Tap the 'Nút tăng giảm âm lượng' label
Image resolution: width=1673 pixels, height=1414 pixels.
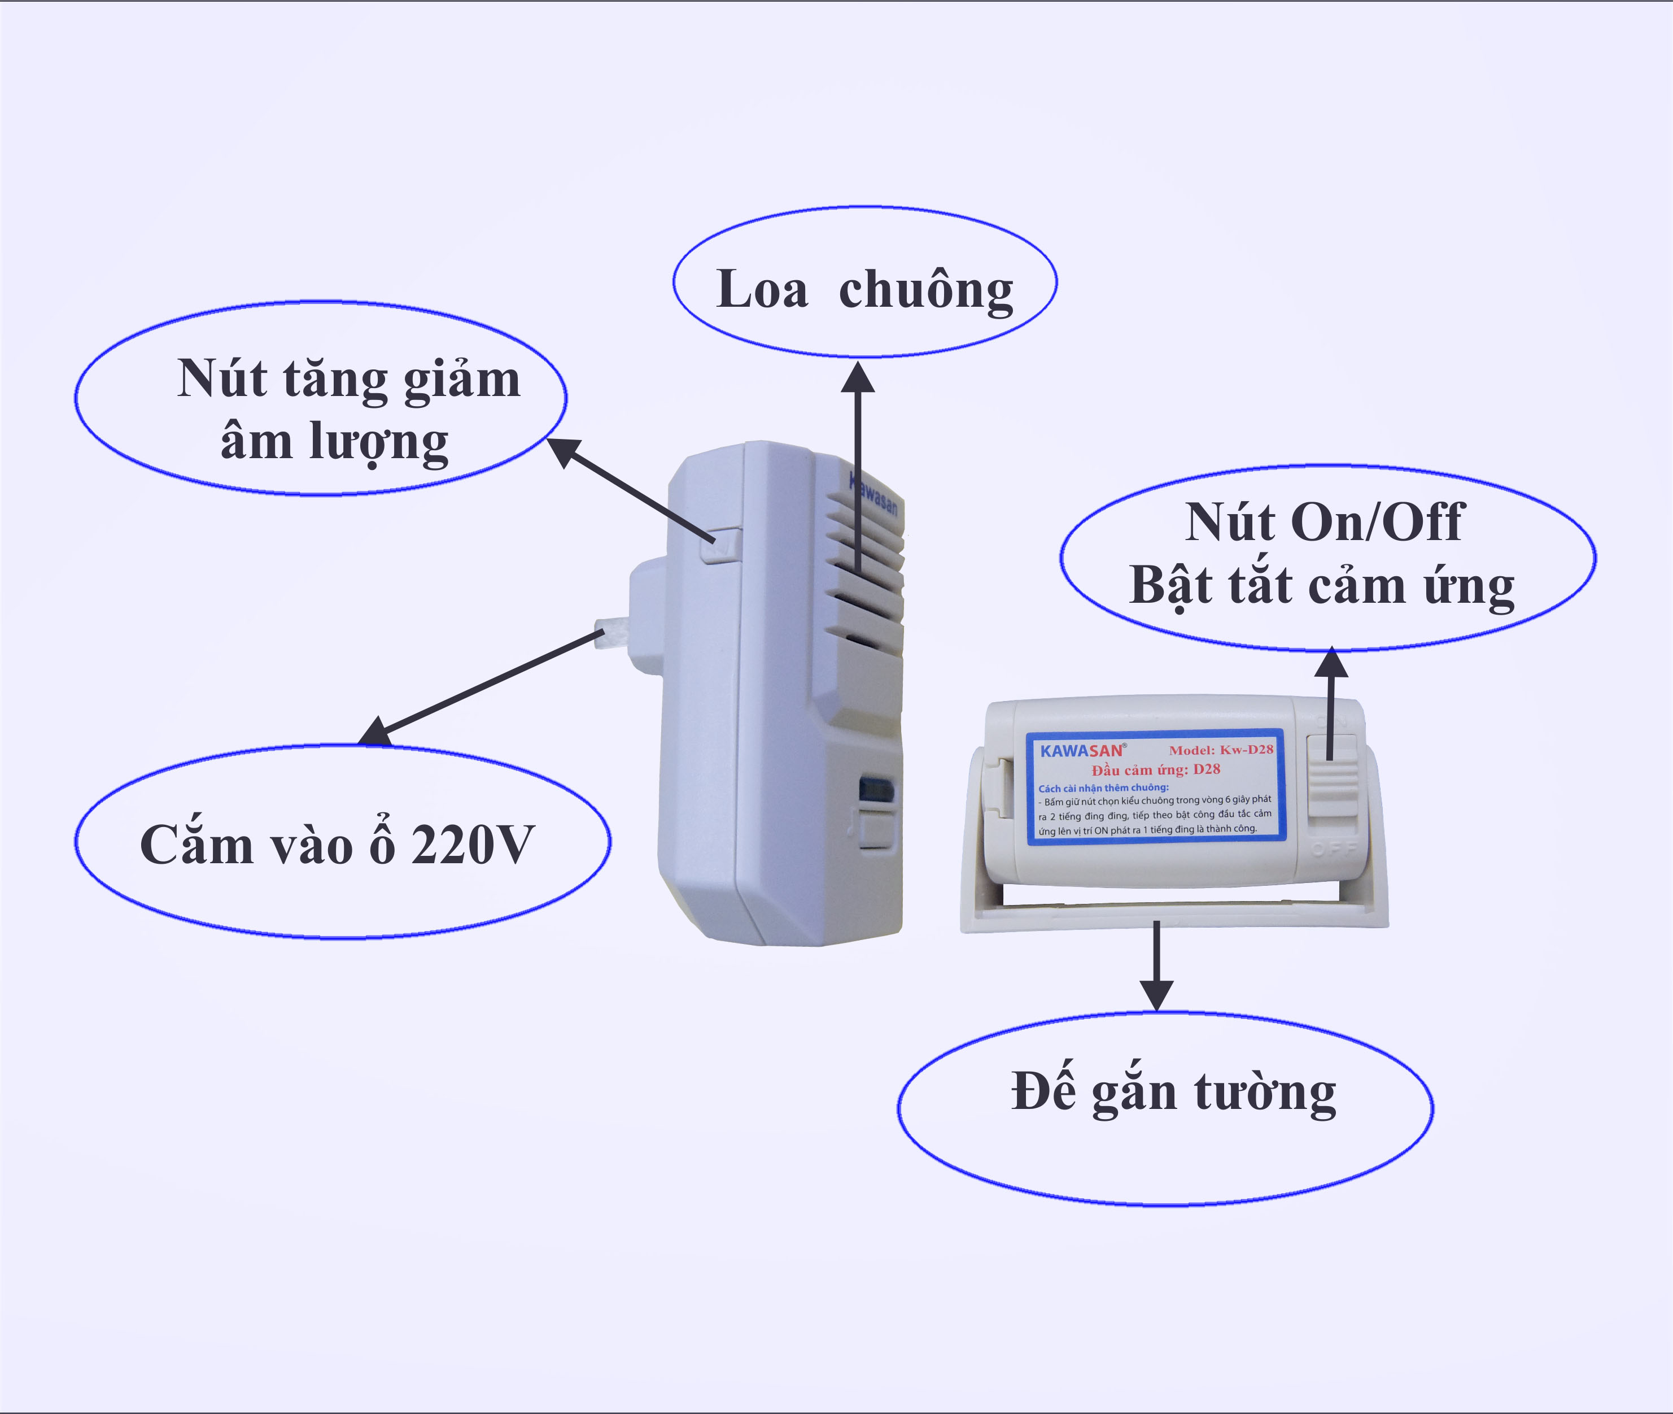pyautogui.click(x=348, y=409)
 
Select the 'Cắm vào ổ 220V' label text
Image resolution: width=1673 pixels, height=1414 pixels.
pyautogui.click(x=337, y=844)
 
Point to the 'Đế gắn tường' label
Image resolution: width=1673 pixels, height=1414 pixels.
pyautogui.click(x=1173, y=1092)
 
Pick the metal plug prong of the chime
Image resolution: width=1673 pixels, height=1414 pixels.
pyautogui.click(x=610, y=633)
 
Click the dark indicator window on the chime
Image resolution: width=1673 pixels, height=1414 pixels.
pyautogui.click(x=876, y=790)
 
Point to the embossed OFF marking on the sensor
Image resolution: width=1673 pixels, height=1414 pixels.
pyautogui.click(x=1334, y=848)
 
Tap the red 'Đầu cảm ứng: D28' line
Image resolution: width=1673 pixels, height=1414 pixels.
pyautogui.click(x=1155, y=769)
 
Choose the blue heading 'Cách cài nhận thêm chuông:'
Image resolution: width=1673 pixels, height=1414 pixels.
pyautogui.click(x=1103, y=788)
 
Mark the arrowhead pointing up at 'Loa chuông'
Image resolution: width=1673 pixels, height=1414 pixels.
pyautogui.click(x=857, y=377)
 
